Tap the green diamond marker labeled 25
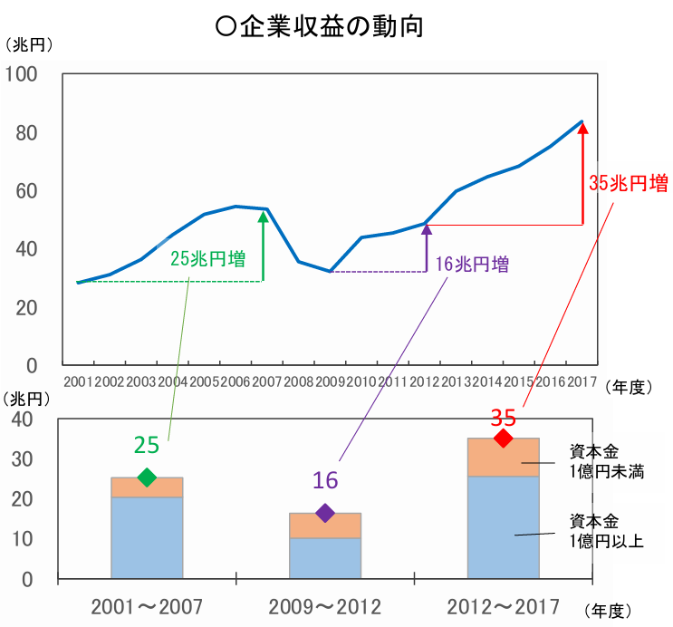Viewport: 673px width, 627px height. [147, 477]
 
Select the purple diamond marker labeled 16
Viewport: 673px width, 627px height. [325, 513]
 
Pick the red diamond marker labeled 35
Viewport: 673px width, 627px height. [504, 439]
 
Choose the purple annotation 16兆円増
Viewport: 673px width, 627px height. [471, 265]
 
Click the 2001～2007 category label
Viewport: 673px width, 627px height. [147, 605]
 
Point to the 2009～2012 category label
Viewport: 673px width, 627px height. [325, 605]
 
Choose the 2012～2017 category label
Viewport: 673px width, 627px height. [504, 605]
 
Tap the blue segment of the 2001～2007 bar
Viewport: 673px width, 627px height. [147, 537]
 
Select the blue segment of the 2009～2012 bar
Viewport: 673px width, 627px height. [325, 558]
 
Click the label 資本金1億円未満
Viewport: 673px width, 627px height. [606, 460]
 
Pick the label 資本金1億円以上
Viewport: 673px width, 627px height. [606, 531]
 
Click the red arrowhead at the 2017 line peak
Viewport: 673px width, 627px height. [582, 129]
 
